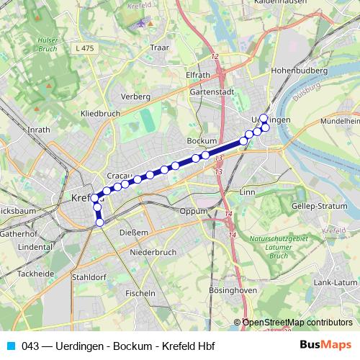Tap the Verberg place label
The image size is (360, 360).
(135, 96)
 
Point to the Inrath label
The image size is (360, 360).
(38, 130)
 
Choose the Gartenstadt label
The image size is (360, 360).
(211, 92)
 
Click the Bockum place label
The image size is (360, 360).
(202, 140)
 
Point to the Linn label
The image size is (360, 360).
(247, 193)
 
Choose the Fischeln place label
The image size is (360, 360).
(140, 293)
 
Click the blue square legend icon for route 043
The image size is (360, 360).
(11, 346)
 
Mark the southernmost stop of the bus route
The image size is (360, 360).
(100, 222)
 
